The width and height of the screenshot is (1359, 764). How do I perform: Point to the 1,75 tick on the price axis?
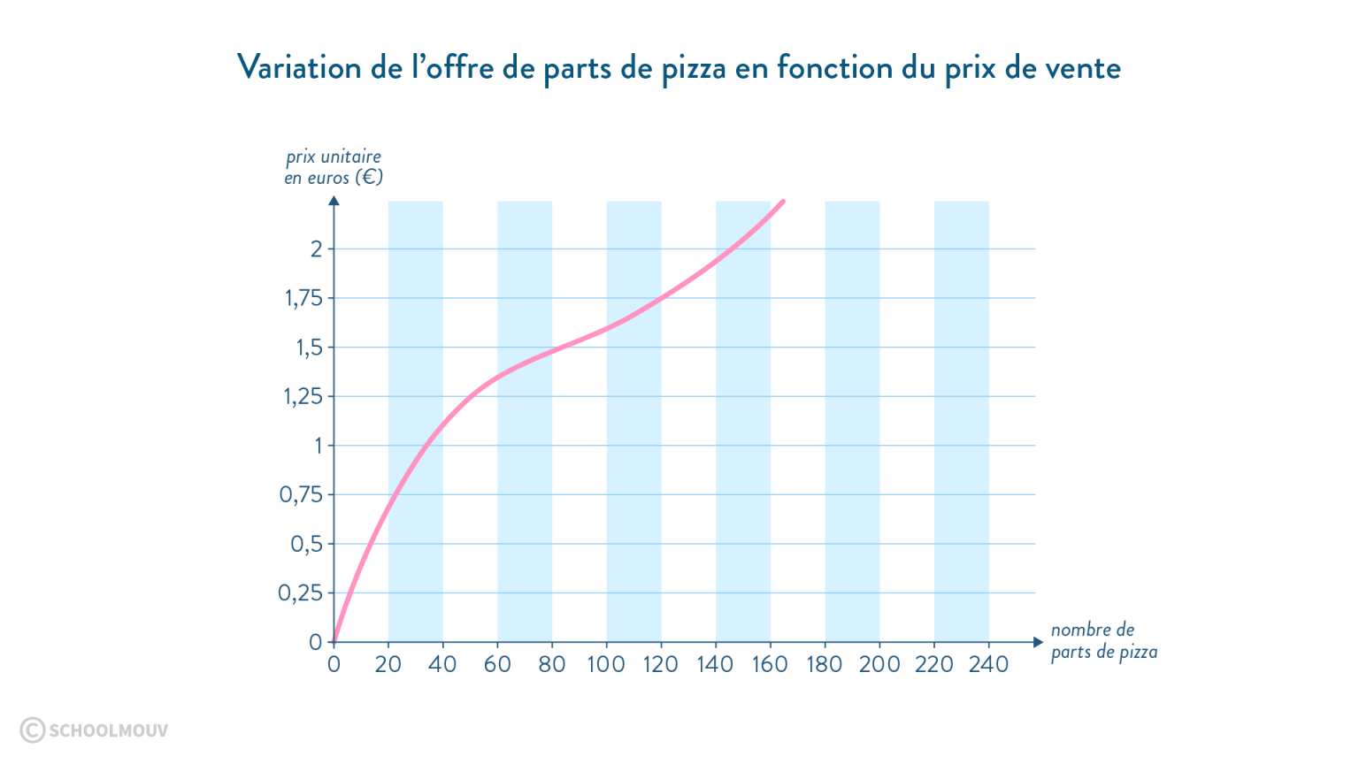point(301,299)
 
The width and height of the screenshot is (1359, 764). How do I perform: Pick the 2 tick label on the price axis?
point(316,249)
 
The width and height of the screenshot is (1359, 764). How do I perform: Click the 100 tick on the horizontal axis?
point(607,663)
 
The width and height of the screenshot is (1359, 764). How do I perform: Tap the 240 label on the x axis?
point(989,663)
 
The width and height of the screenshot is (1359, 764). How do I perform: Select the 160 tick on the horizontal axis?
point(771,663)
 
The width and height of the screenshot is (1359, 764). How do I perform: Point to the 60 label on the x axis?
point(497,663)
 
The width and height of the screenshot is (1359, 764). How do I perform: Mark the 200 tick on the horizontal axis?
point(879,663)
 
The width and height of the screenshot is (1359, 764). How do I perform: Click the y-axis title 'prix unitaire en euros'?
point(334,167)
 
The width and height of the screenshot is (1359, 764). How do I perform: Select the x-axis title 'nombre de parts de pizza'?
point(1102,642)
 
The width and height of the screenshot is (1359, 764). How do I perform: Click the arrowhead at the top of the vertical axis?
point(334,200)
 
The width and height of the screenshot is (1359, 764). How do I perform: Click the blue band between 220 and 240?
point(962,420)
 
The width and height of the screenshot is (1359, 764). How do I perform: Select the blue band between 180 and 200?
point(852,420)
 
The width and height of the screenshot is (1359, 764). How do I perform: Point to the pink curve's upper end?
point(783,202)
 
